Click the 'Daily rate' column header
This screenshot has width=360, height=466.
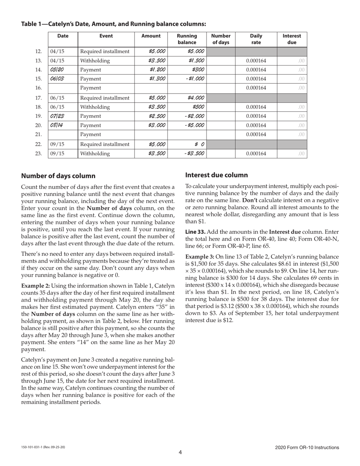(x=256, y=39)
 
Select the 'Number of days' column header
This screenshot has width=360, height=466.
(x=221, y=39)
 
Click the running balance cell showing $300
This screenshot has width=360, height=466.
(x=197, y=70)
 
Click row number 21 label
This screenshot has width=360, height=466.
(x=38, y=134)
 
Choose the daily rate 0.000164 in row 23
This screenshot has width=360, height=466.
(x=256, y=153)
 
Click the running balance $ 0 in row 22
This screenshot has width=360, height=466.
(x=200, y=144)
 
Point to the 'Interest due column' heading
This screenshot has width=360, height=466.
(x=216, y=175)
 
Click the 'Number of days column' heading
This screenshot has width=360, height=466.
(x=58, y=176)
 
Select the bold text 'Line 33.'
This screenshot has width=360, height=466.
(x=196, y=231)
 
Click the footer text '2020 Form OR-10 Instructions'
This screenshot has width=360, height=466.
(x=307, y=447)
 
